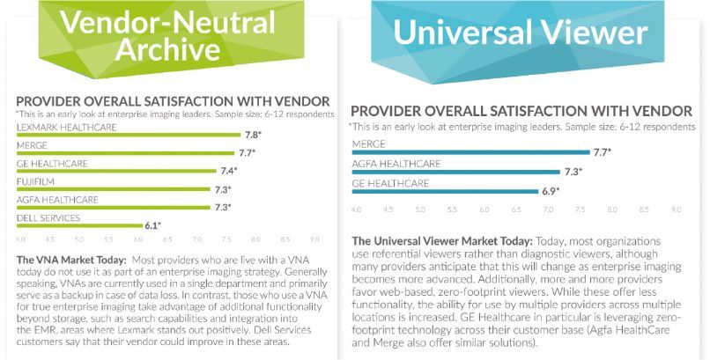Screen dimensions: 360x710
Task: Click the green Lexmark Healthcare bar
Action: pyautogui.click(x=128, y=135)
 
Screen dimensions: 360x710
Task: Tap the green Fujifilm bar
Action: pyautogui.click(x=115, y=187)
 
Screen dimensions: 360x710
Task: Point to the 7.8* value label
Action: pyautogui.click(x=254, y=135)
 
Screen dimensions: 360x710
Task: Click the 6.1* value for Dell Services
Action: pyautogui.click(x=152, y=225)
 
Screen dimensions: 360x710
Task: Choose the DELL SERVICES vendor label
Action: pyautogui.click(x=48, y=217)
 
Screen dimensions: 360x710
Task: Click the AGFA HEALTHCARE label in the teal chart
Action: pyautogui.click(x=396, y=164)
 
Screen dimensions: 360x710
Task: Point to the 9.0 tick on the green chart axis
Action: pyautogui.click(x=315, y=239)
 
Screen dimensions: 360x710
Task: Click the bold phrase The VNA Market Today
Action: pyautogui.click(x=71, y=260)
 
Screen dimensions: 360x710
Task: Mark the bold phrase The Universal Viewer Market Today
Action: pyautogui.click(x=440, y=240)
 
